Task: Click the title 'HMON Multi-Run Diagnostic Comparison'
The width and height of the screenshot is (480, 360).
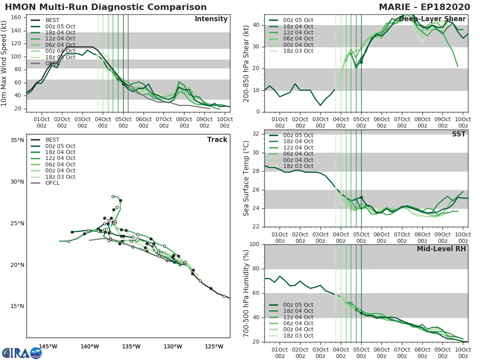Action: pos(106,7)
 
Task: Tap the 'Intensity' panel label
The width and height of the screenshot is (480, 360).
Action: pos(211,19)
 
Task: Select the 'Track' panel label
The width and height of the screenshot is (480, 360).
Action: pos(217,140)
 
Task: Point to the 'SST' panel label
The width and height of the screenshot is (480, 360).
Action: pos(459,134)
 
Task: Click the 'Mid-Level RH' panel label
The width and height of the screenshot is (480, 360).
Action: pos(441,249)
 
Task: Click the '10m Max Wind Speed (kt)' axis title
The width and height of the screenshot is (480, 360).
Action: pos(4,63)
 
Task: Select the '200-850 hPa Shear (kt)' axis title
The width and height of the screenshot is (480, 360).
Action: pos(246,63)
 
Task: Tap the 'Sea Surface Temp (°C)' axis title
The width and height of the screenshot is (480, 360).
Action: pos(246,178)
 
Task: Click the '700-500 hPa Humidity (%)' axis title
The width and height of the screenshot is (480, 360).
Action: pos(246,293)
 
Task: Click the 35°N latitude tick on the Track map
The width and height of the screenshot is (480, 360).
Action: pos(17,140)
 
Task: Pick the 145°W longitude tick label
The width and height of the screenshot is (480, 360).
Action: pos(48,346)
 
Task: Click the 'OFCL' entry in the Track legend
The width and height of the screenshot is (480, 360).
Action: pos(52,183)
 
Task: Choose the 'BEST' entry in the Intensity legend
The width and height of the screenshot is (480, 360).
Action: pos(52,20)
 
